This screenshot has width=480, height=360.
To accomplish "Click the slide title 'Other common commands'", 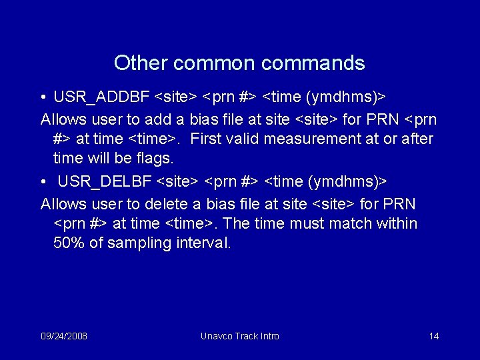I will (x=239, y=63).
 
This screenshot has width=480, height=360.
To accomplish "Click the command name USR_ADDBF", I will (x=101, y=98).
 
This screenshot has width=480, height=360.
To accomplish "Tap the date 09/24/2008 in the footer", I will (x=64, y=336).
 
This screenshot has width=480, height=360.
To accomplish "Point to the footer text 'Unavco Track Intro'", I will (x=240, y=336).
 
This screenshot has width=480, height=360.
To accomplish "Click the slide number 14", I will (x=434, y=336).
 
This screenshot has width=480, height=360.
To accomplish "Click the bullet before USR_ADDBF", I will (x=43, y=98).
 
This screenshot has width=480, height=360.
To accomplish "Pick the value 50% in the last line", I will (x=69, y=243).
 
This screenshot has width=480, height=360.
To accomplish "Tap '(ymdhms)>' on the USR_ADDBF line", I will (x=346, y=98).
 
